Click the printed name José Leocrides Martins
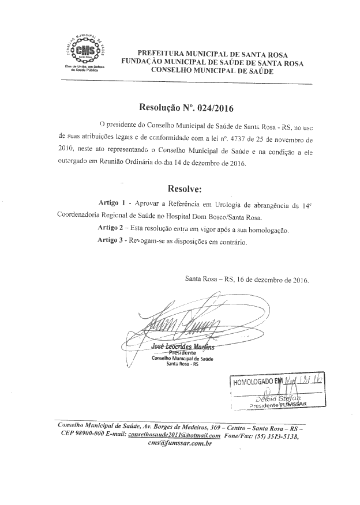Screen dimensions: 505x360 [182, 346]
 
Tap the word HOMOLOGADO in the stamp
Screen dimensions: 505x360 [256, 381]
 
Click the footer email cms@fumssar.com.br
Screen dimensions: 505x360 [180, 445]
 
